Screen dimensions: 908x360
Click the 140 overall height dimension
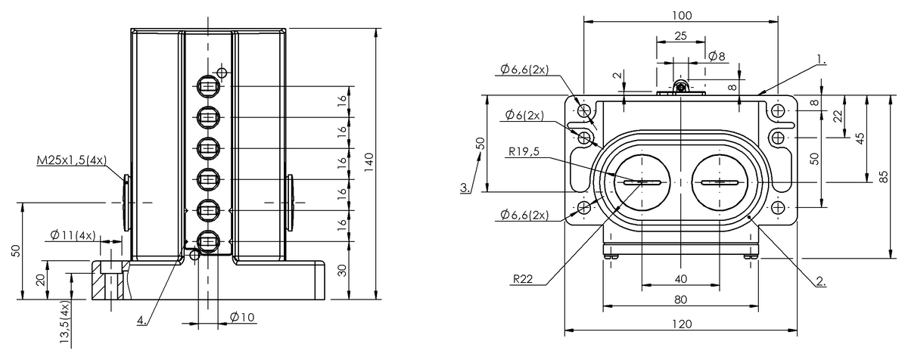(368, 162)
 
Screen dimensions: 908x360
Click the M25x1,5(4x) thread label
(72, 160)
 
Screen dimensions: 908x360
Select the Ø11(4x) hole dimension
(73, 235)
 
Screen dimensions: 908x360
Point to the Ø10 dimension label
(242, 317)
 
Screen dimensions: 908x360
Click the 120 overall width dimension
(682, 324)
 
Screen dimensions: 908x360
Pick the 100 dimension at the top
(682, 15)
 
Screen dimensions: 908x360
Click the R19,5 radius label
(524, 151)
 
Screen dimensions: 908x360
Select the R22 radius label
(523, 279)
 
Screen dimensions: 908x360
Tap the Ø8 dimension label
(717, 56)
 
